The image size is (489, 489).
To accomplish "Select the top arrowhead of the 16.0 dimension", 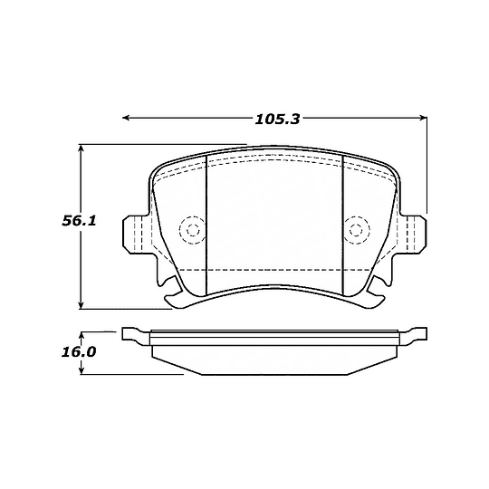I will point(82,334).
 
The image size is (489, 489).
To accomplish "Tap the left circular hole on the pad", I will point(191,230).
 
